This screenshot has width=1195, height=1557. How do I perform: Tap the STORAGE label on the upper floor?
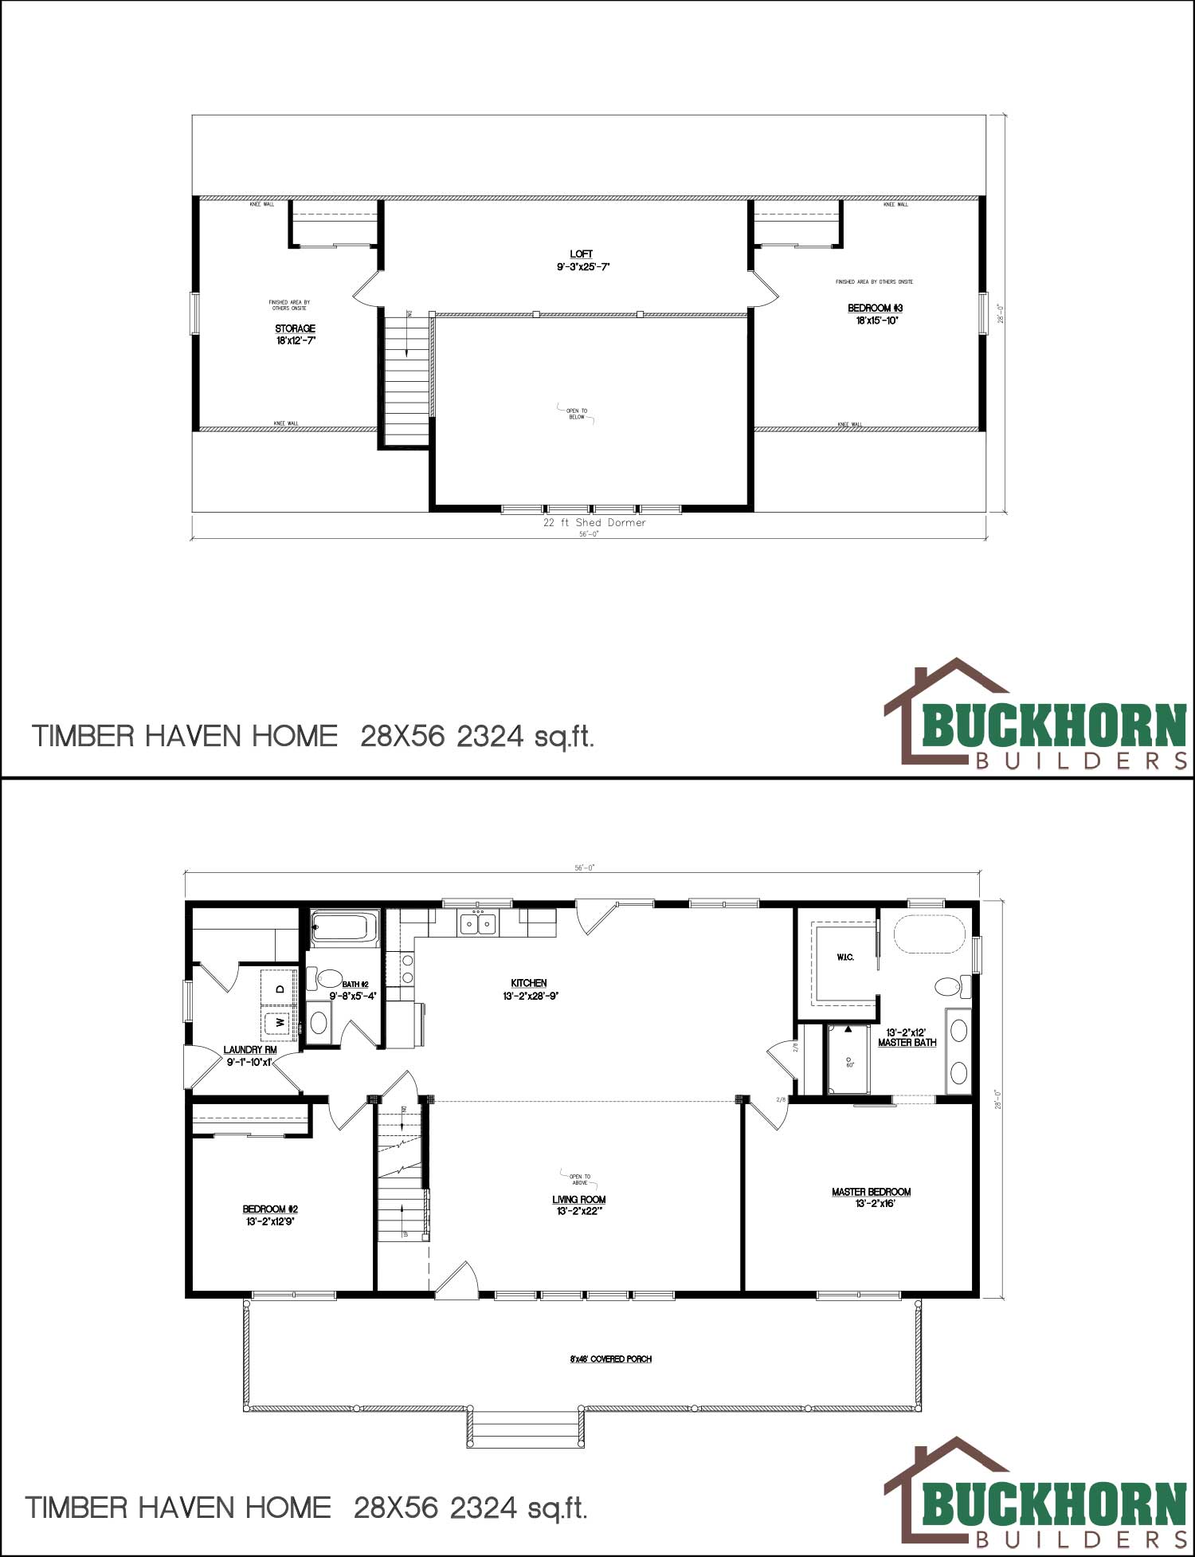coord(295,328)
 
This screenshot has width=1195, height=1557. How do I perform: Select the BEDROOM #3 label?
coord(875,309)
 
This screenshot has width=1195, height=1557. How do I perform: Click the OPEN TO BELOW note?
coord(577,414)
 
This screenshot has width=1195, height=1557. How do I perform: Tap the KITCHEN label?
coord(528,983)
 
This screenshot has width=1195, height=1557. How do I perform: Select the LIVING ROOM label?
coord(578,1199)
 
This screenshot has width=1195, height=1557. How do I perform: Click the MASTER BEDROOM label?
coord(871,1192)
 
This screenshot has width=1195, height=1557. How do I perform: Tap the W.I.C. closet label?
coord(845,957)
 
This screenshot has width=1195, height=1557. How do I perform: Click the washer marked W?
coord(280,1021)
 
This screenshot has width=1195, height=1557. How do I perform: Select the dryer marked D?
coord(280,989)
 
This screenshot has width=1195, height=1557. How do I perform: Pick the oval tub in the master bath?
coord(929,934)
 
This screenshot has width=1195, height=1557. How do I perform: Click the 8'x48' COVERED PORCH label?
coord(610,1359)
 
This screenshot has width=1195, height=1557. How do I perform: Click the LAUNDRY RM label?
coord(249,1050)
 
